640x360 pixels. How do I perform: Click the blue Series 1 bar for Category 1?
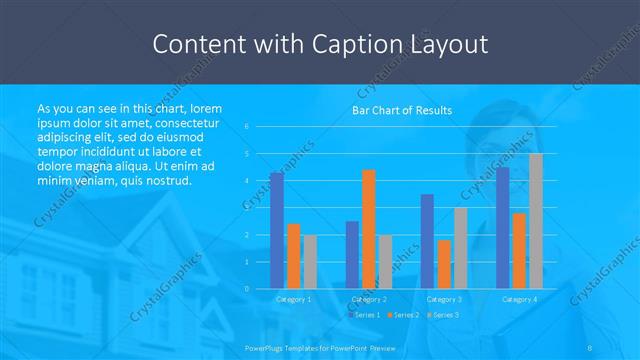tap(276, 230)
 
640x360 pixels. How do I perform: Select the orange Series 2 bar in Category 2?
tap(368, 229)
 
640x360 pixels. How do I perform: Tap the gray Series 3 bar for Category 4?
tap(535, 221)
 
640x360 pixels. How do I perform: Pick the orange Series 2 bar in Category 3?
tap(443, 264)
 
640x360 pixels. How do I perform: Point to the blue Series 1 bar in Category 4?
tap(503, 227)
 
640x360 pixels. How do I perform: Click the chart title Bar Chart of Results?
tap(401, 110)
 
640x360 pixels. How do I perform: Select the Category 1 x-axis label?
tap(293, 299)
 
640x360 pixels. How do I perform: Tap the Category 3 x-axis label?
tap(443, 299)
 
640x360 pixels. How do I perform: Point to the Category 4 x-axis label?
tap(519, 299)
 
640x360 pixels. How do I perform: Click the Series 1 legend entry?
tap(365, 315)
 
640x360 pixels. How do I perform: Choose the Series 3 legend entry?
tap(443, 315)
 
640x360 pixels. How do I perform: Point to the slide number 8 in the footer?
tap(589, 346)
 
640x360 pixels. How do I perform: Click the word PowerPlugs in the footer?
tap(264, 346)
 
